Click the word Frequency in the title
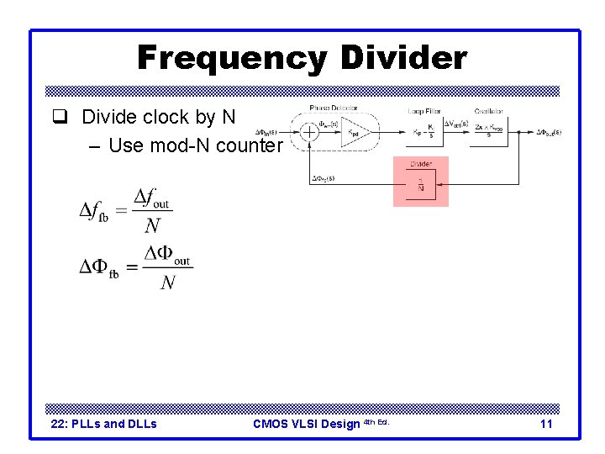pos(232,58)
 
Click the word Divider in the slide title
pos(403,58)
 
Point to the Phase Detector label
pos(334,108)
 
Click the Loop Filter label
pos(424,111)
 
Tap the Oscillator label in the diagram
pos(488,111)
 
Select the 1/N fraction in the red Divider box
pos(421,185)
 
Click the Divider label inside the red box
pos(421,165)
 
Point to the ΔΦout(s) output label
pos(548,132)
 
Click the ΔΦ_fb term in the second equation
pos(99,268)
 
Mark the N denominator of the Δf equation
pos(151,225)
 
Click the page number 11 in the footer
pos(546,424)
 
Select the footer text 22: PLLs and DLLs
pos(104,424)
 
